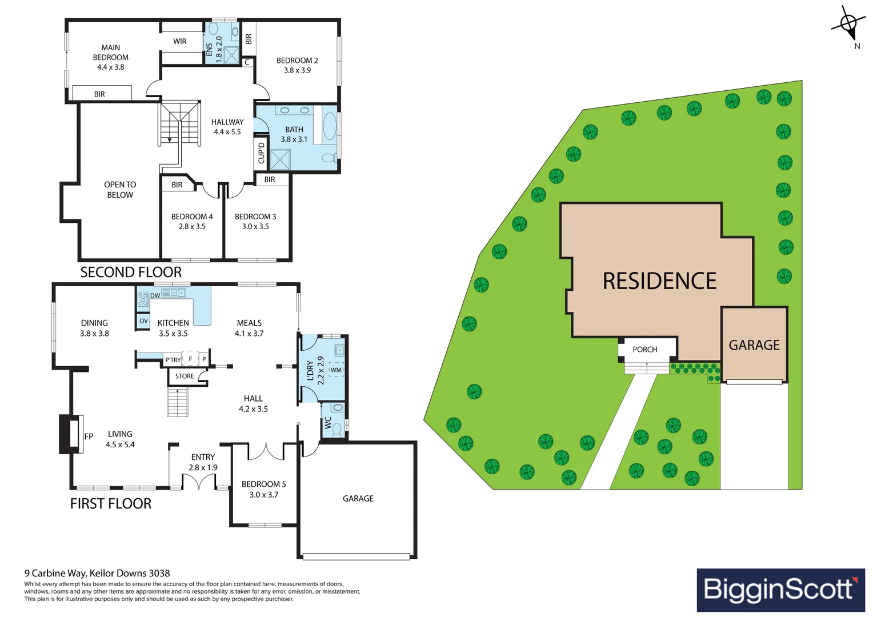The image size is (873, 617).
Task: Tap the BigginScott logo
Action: point(780,590)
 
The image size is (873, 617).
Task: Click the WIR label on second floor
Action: point(180,41)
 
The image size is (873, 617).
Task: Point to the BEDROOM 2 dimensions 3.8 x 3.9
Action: point(297,70)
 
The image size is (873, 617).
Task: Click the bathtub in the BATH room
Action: point(330,126)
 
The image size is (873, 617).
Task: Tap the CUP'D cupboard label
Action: point(261,153)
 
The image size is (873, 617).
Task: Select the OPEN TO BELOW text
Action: point(120,190)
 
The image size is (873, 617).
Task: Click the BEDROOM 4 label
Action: point(192,217)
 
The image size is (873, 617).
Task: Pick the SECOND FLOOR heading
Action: point(131,273)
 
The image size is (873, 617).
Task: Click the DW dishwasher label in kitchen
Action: point(155,295)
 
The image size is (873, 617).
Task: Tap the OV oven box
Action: point(143,321)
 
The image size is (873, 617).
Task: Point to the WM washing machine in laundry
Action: point(336,370)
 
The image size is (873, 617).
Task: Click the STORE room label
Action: point(185,376)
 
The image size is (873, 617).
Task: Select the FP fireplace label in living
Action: point(89,436)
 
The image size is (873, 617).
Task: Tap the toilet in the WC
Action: point(337,428)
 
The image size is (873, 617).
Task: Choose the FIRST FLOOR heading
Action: point(111,503)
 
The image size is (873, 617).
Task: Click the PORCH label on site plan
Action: point(644,350)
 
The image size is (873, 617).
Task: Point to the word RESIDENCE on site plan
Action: point(659,281)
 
